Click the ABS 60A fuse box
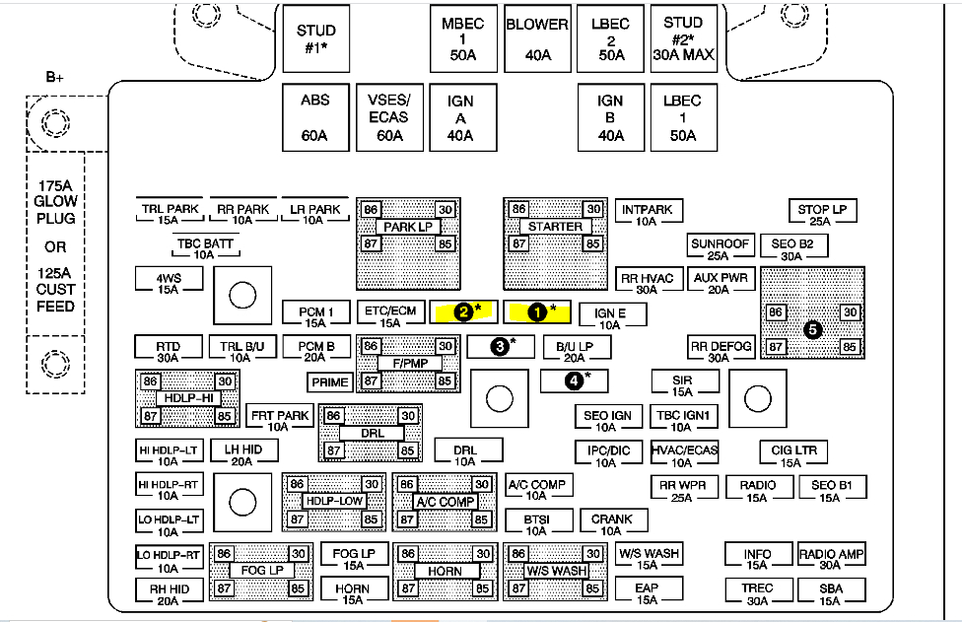coord(315,117)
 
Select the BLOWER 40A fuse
coord(537,39)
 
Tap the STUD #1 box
coord(315,39)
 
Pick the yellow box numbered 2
coord(463,311)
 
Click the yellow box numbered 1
coord(537,311)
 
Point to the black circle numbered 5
coord(813,330)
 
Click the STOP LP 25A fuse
coord(821,214)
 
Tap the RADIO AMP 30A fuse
coord(831,559)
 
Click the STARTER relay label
coord(555,227)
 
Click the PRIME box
coord(330,381)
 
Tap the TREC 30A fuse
coord(757,592)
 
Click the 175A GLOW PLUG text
coord(56,201)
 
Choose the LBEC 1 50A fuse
coord(682,117)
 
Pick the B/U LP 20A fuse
coord(577,351)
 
